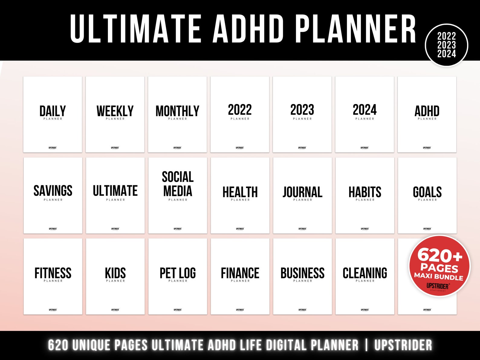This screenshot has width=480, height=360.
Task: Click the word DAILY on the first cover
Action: (53, 111)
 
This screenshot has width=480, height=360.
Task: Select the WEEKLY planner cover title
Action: (115, 111)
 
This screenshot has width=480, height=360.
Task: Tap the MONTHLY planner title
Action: (177, 111)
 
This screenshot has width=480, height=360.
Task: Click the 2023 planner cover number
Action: (302, 110)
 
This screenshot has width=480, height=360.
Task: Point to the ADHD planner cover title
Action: (427, 111)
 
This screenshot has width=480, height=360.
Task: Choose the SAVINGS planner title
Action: (53, 191)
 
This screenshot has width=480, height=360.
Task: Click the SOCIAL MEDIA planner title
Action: (178, 184)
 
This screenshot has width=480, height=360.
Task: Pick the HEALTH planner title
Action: (240, 192)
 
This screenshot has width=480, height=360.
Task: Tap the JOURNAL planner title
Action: (302, 192)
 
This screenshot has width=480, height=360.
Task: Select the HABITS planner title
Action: (365, 192)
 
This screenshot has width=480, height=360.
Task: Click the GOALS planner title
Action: (427, 192)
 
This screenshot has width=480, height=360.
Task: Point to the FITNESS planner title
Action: (53, 273)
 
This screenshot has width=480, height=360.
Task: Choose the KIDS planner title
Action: (115, 273)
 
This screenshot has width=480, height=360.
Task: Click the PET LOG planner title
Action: (178, 273)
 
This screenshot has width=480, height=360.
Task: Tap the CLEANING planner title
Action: (365, 273)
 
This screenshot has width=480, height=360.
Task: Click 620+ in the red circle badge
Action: (440, 255)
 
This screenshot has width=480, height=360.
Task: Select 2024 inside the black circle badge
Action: (446, 54)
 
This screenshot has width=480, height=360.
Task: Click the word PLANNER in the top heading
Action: (355, 29)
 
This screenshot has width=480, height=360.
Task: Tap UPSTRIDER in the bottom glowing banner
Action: (403, 345)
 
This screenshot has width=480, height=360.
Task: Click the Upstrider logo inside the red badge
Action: (438, 286)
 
